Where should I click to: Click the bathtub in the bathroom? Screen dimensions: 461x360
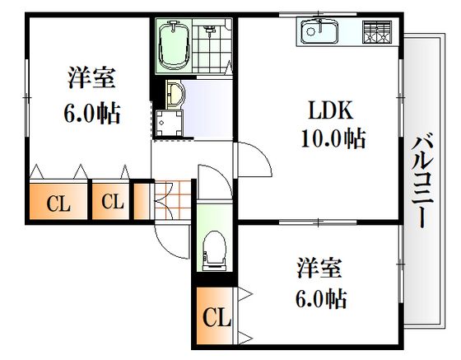click(x=174, y=45)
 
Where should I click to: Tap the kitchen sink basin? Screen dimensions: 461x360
click(x=319, y=31)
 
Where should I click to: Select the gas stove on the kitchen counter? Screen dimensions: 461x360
click(x=377, y=32)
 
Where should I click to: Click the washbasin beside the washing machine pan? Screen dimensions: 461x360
click(x=175, y=94)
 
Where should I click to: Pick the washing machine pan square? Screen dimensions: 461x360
click(x=169, y=123)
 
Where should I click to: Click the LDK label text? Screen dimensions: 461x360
click(x=330, y=110)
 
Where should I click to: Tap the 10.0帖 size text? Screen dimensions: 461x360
click(x=333, y=138)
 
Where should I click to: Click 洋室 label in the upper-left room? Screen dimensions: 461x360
click(x=91, y=77)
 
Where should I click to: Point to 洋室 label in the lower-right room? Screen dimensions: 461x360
click(x=319, y=268)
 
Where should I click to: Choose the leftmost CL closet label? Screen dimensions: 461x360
click(x=58, y=203)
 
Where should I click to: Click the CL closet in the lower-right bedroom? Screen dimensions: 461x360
click(x=217, y=317)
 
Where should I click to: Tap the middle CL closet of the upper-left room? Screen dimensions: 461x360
click(x=112, y=201)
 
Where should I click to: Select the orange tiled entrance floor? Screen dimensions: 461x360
click(x=173, y=200)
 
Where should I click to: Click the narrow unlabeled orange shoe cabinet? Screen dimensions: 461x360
click(x=142, y=202)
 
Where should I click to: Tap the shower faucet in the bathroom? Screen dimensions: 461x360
click(x=209, y=30)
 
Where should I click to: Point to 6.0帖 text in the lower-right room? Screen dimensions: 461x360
click(x=321, y=298)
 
